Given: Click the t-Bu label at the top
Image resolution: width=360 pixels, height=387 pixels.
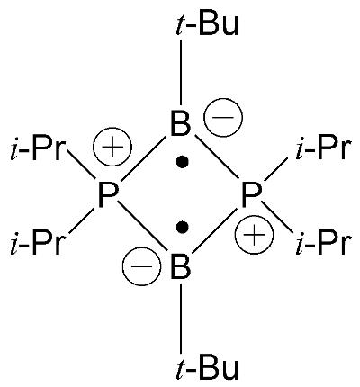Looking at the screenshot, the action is point(207,24).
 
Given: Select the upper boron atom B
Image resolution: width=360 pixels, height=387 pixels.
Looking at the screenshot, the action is point(180,123).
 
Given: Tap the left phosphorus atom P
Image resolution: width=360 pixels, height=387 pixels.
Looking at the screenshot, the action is point(108,195).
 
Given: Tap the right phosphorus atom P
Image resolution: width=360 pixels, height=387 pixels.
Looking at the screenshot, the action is point(252,195).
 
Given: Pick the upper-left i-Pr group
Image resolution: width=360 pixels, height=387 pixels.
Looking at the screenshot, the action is point(37,149).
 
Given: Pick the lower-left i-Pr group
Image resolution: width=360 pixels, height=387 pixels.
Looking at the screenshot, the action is point(37,242).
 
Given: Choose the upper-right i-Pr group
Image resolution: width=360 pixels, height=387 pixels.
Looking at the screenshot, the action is point(323,149).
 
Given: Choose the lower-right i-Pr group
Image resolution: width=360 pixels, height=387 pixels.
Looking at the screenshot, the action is point(323,242).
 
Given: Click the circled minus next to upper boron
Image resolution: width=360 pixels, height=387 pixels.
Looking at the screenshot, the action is point(223,118).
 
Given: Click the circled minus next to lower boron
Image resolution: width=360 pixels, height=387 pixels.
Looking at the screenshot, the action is point(142,266).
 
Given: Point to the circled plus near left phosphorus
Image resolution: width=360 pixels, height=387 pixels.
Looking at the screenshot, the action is point(112,147).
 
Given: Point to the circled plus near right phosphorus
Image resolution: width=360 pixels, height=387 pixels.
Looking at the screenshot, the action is point(255,236).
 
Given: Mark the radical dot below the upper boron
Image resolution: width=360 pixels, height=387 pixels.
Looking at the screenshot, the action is point(182,162).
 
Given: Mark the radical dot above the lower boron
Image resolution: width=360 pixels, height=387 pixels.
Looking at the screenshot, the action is point(182,227).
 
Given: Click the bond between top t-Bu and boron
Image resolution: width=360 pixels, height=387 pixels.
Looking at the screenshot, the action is point(181,72).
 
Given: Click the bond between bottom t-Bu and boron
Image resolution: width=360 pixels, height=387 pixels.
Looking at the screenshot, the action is point(181,319).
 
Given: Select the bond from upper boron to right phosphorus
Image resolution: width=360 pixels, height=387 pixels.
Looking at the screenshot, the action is point(217,158).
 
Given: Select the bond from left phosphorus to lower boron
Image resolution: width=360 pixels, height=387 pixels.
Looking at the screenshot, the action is point(142,225).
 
